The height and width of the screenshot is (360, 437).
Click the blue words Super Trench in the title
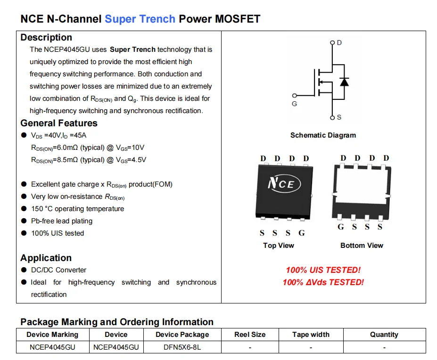140,19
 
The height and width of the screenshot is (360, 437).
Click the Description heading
46,37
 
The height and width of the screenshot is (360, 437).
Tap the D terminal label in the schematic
339,42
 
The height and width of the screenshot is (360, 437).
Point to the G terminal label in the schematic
294,104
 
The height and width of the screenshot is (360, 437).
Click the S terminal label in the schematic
339,117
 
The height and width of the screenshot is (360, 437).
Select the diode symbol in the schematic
344,82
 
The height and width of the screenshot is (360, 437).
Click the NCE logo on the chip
284,184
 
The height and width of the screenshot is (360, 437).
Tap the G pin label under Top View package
302,233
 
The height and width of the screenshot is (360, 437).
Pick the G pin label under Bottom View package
340,227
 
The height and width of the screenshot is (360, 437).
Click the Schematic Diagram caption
323,135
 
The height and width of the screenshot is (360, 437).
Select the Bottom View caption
362,245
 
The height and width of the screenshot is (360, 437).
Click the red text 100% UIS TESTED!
323,270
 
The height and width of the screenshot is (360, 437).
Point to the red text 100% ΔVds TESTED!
323,282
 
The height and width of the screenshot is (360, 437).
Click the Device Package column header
182,335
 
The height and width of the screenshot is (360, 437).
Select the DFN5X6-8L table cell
182,347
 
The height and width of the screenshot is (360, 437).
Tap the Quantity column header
384,335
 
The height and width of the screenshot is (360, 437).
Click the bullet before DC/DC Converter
24,270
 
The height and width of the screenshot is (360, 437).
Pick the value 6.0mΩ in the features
67,147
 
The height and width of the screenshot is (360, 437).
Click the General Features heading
59,123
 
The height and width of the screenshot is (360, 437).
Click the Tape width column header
311,335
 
